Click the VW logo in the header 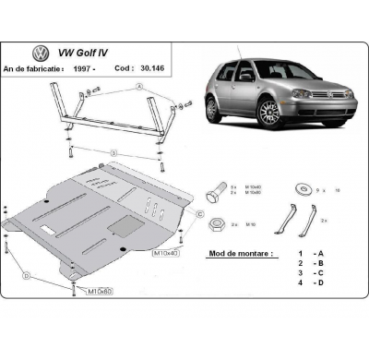(x=41, y=54)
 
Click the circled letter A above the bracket (x=140, y=86)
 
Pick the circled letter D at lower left (x=27, y=276)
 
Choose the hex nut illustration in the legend (x=215, y=223)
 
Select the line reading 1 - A (x=310, y=252)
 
